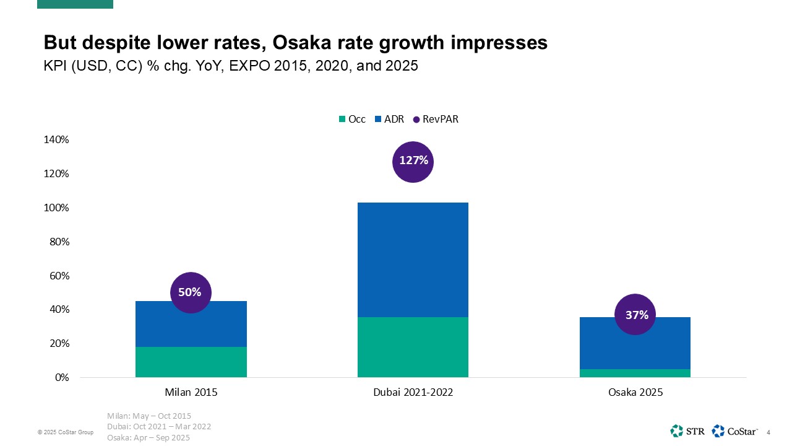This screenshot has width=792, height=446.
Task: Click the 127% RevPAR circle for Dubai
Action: click(x=413, y=161)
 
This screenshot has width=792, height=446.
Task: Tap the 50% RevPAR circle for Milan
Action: click(x=191, y=292)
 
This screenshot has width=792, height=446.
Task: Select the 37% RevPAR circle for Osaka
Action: click(x=635, y=315)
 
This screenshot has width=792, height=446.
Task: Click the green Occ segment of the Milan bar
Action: click(x=191, y=362)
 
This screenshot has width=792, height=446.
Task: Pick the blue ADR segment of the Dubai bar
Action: click(x=413, y=260)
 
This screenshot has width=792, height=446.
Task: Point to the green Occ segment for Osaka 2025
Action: click(x=635, y=373)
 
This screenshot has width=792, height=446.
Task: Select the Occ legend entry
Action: click(x=352, y=120)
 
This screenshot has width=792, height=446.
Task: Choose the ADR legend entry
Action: click(x=389, y=120)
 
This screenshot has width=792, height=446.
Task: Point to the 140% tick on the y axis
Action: click(x=56, y=139)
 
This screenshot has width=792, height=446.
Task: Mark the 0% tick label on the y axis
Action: click(x=61, y=377)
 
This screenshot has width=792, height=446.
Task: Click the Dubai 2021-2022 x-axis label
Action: click(x=413, y=393)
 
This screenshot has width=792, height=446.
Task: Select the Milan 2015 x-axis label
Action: click(x=191, y=393)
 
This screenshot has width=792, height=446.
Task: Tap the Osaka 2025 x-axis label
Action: click(x=635, y=393)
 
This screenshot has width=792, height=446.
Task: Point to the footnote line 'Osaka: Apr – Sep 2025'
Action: click(x=148, y=437)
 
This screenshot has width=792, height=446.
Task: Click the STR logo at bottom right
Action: click(x=687, y=431)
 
